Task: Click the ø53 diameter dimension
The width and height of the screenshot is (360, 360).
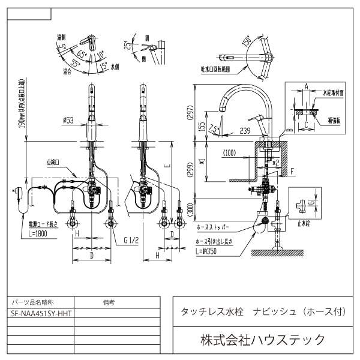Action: click(68, 121)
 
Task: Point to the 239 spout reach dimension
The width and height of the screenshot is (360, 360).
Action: click(245, 130)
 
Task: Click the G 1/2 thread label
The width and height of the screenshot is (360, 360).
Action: click(131, 240)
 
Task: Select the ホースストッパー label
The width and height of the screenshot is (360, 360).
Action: click(214, 229)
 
